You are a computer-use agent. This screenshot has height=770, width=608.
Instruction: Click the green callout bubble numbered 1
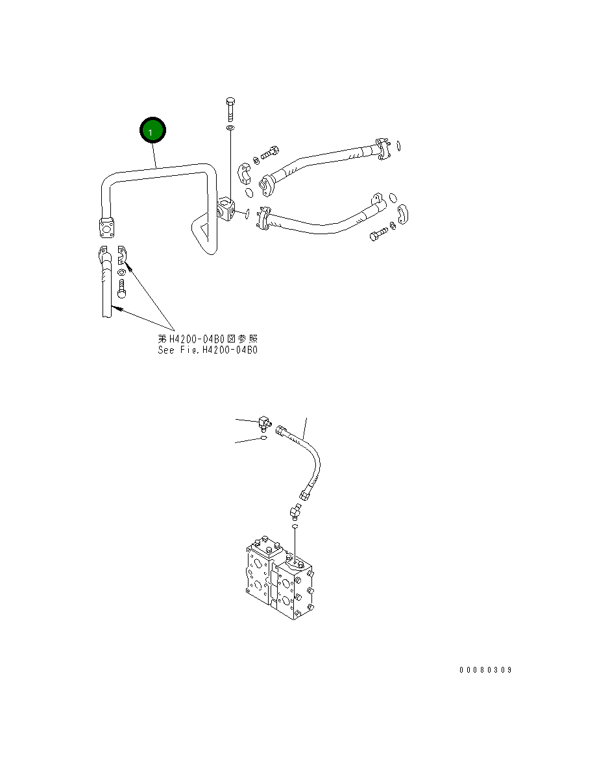coord(153,132)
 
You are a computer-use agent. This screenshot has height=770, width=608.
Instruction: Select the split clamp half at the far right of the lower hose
coord(403,216)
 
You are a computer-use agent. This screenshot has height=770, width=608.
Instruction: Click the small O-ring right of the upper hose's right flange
coord(398,146)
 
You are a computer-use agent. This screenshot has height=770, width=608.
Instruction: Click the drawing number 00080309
coord(485,670)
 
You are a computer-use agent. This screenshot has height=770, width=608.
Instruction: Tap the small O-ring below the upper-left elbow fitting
coord(263,439)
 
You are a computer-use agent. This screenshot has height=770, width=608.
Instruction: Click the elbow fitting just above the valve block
coord(294,512)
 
